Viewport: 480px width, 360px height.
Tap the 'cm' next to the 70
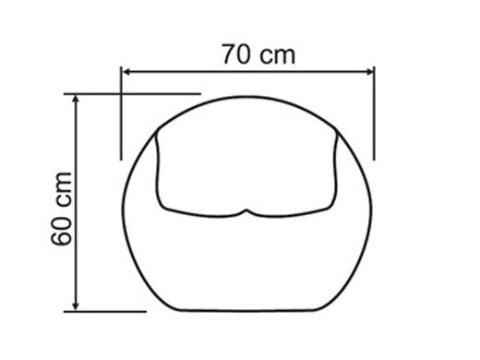[x=277, y=56]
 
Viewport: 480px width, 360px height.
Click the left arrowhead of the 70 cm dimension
[x=126, y=72]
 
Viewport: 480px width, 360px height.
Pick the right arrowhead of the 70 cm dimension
[x=368, y=72]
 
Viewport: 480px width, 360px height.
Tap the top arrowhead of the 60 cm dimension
[x=76, y=99]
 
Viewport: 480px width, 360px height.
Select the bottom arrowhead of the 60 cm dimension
[x=76, y=306]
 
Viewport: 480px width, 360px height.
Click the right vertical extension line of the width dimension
[x=374, y=114]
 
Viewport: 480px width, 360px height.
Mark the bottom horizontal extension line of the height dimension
[x=105, y=312]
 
